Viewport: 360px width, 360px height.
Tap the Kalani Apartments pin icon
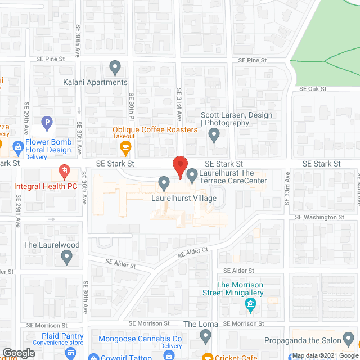pyautogui.click(x=115, y=67)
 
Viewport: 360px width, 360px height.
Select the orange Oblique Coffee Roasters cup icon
pyautogui.click(x=125, y=148)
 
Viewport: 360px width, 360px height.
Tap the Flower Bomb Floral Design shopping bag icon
pyautogui.click(x=18, y=146)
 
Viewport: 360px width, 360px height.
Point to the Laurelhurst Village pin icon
pyautogui.click(x=164, y=183)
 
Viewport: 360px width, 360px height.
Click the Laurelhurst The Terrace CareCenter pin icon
pyautogui.click(x=192, y=175)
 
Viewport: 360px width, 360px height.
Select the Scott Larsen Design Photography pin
pyautogui.click(x=214, y=135)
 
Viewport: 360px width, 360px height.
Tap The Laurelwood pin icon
pyautogui.click(x=67, y=258)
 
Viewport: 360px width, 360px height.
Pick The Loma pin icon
pyautogui.click(x=205, y=336)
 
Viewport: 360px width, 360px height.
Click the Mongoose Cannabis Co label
pyautogui.click(x=140, y=339)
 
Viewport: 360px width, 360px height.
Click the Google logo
pyautogui.click(x=19, y=353)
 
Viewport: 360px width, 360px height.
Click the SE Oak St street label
pyautogui.click(x=313, y=89)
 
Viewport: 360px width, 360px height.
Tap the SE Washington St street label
pyautogui.click(x=319, y=217)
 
